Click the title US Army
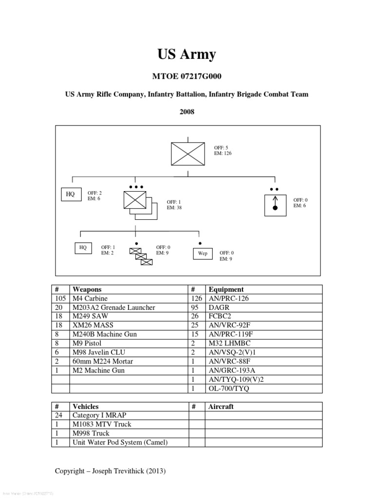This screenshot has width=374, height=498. [187, 54]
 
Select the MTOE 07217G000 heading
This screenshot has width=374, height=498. [187, 77]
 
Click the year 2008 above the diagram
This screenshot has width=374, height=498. [187, 112]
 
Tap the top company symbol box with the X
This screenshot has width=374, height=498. [187, 154]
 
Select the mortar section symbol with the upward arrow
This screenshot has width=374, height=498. [275, 204]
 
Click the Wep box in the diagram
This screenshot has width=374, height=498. [203, 253]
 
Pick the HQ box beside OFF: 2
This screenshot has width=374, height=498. [71, 194]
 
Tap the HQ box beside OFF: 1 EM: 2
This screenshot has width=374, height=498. [83, 248]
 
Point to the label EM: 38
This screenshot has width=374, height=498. [174, 208]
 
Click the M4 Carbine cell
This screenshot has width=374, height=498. [90, 299]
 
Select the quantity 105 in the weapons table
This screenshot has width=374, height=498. [60, 299]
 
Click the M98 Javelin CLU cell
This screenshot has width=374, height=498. [96, 353]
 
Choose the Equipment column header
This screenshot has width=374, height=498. [226, 289]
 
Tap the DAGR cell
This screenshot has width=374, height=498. [219, 307]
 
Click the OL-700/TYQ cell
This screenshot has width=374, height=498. [228, 389]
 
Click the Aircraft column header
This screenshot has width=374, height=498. [221, 407]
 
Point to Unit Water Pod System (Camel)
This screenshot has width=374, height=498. [120, 442]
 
